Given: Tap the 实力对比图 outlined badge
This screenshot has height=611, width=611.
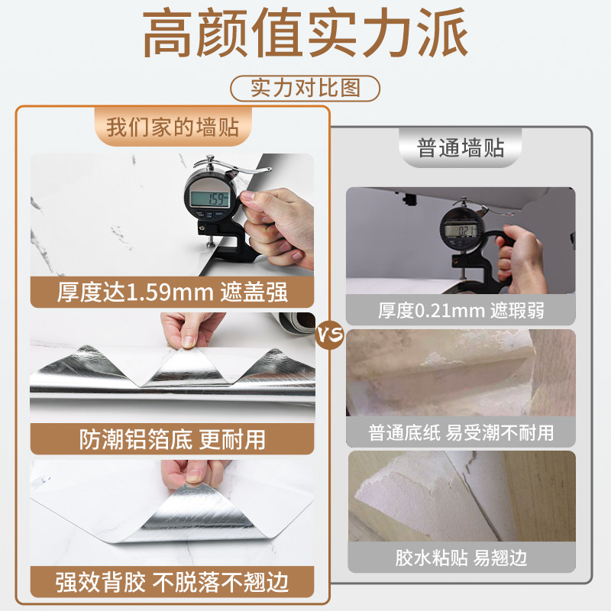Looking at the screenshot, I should (305, 88).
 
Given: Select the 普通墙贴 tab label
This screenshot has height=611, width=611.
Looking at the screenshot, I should (461, 147).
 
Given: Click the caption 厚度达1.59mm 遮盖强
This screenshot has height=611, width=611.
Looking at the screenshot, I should (173, 291).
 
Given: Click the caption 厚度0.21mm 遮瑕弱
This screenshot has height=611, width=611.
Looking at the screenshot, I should (461, 310).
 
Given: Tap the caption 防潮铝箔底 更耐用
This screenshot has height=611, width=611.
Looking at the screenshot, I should (173, 438).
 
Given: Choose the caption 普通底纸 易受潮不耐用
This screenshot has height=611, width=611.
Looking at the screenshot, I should (461, 432).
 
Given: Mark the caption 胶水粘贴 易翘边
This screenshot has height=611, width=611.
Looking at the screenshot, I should (461, 557).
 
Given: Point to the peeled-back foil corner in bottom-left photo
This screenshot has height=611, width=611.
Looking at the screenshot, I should (191, 519).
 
